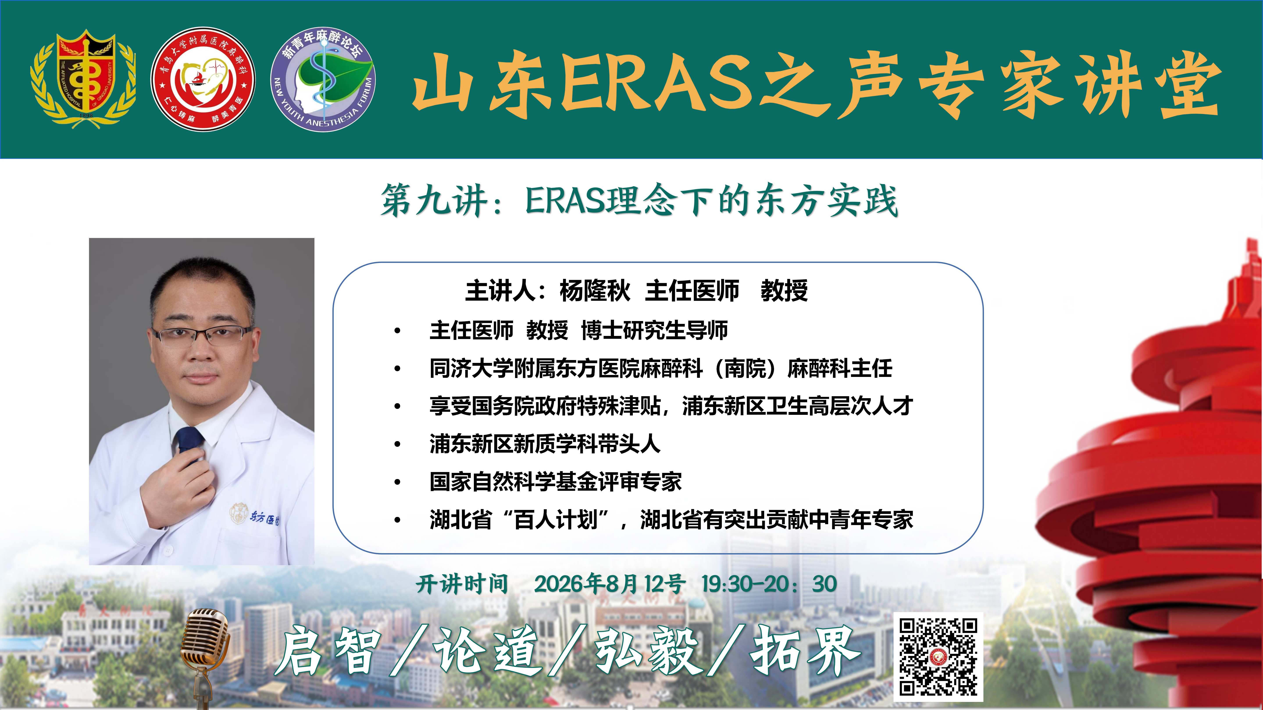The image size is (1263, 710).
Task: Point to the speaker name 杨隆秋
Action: pyautogui.click(x=595, y=291)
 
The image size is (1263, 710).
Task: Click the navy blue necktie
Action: pyautogui.click(x=191, y=444)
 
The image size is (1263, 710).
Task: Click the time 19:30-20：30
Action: pyautogui.click(x=769, y=584)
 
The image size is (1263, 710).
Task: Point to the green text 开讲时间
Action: pyautogui.click(x=462, y=584)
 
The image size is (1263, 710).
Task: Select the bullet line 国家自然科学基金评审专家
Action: pyautogui.click(x=555, y=482)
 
